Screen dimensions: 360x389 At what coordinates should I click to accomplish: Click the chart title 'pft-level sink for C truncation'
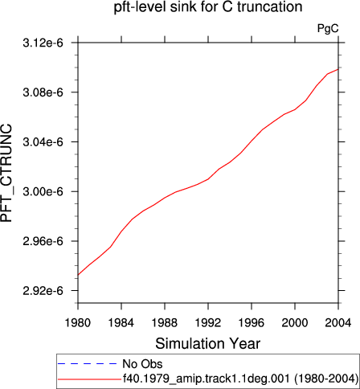208,6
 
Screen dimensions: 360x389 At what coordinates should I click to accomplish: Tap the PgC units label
328,28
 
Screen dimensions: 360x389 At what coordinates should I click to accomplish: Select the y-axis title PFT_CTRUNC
6,173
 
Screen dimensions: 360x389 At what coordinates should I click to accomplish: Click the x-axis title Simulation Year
208,344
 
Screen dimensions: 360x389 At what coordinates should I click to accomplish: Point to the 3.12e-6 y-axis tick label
43,43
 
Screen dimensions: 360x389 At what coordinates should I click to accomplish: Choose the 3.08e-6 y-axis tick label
43,92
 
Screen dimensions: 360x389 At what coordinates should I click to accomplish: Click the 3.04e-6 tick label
43,142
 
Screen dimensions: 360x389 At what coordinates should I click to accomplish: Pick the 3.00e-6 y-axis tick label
43,192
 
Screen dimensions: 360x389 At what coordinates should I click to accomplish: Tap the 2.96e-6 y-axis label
43,241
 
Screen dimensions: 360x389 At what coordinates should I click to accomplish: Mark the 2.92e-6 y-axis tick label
43,291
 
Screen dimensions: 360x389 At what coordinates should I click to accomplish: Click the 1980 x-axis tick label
78,323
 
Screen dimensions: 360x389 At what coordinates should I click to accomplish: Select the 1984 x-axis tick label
121,323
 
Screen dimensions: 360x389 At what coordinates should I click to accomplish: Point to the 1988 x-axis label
165,323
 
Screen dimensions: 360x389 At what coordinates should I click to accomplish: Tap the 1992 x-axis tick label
208,323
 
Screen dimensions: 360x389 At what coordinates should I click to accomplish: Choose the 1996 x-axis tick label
252,323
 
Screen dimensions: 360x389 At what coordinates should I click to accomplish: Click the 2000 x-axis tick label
295,323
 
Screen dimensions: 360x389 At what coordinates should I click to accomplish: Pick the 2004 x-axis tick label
338,323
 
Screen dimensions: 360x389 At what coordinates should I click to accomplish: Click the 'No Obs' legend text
142,364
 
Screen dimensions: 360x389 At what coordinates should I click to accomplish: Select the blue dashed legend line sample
88,364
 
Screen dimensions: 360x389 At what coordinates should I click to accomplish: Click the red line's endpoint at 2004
338,69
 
